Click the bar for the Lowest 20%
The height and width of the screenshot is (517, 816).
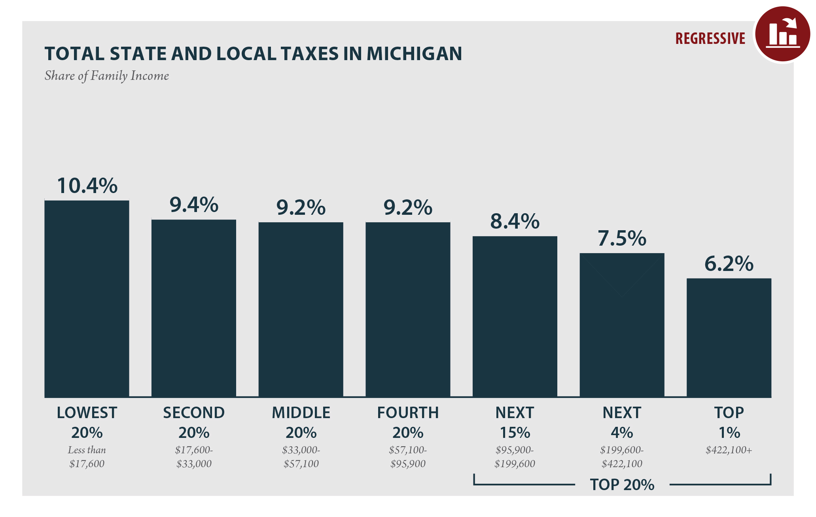coord(87,299)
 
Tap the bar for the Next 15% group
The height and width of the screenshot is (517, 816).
coord(515,316)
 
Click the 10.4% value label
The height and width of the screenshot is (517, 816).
coord(87,186)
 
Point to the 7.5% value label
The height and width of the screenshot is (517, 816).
coord(622,239)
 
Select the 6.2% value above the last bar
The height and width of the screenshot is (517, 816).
coord(729,264)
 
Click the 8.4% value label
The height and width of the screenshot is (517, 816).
coord(515,222)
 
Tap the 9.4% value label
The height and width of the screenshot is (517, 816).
coord(194,205)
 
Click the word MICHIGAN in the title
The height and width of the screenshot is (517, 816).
coord(414,54)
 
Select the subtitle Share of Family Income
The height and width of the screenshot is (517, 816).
coord(106,76)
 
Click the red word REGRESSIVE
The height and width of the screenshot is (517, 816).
coord(710,39)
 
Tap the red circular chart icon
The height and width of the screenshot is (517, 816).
coord(782,34)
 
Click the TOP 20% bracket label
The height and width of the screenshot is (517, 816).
coord(622,485)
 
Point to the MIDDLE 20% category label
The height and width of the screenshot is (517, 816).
coord(301,422)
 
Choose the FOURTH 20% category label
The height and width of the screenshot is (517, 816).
coord(408,422)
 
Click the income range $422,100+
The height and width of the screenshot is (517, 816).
coord(729,450)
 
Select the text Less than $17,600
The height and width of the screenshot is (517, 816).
coord(87,457)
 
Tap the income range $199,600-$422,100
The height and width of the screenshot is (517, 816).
coord(622,457)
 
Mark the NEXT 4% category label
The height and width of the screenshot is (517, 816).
coord(622,422)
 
